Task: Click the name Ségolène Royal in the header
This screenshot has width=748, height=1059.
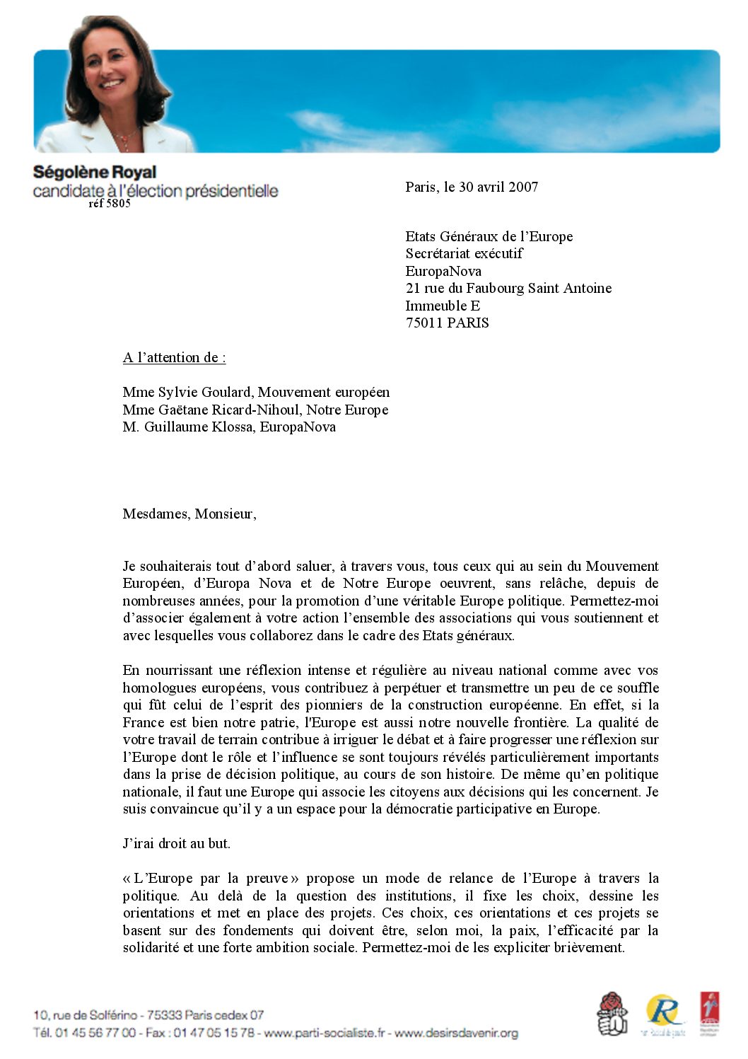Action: coord(95,173)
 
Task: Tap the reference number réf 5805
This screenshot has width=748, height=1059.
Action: coord(110,204)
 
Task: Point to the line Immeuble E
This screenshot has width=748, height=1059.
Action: coord(443,306)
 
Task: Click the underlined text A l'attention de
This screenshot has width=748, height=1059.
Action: coord(174,358)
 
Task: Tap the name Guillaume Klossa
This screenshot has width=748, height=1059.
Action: coord(199,427)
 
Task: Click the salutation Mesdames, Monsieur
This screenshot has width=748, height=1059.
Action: coord(189,514)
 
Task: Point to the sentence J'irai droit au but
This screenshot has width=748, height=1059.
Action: coord(177,843)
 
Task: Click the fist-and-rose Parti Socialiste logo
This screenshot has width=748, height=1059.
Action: coord(612,1013)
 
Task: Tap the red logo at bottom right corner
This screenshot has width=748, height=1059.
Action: coord(710,1013)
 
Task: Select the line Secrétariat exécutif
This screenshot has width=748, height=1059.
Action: coord(464,254)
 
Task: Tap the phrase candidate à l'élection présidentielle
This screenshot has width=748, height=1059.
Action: coord(156,191)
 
